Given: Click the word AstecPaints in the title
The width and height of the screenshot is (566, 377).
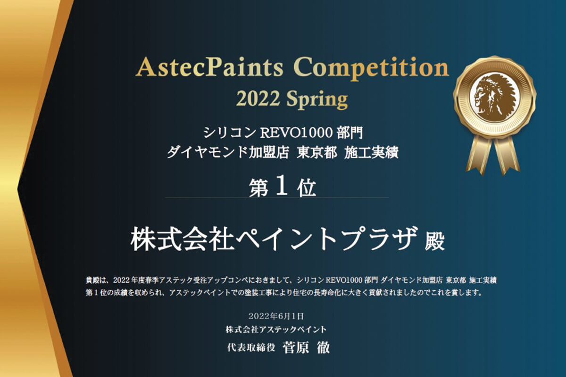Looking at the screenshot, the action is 209,66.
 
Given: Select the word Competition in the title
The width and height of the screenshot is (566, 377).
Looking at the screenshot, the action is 371,68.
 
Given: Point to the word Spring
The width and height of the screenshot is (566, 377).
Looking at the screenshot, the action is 317,100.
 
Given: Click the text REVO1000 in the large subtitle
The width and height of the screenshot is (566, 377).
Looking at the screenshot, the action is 296,133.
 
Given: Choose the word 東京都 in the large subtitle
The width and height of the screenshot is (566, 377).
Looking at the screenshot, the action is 317,153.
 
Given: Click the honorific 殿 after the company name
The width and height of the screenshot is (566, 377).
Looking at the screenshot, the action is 435,241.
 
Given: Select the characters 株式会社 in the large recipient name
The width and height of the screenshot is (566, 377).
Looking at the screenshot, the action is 183,238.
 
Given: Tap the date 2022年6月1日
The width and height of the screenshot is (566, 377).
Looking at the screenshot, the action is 276,316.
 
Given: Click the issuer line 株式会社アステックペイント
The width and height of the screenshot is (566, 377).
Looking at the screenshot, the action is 276,329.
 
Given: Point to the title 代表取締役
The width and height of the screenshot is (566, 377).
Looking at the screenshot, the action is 251,348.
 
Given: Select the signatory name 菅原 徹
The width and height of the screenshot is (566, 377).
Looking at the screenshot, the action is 306,348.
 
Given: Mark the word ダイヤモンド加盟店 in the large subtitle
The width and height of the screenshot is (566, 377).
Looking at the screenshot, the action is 227,153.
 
